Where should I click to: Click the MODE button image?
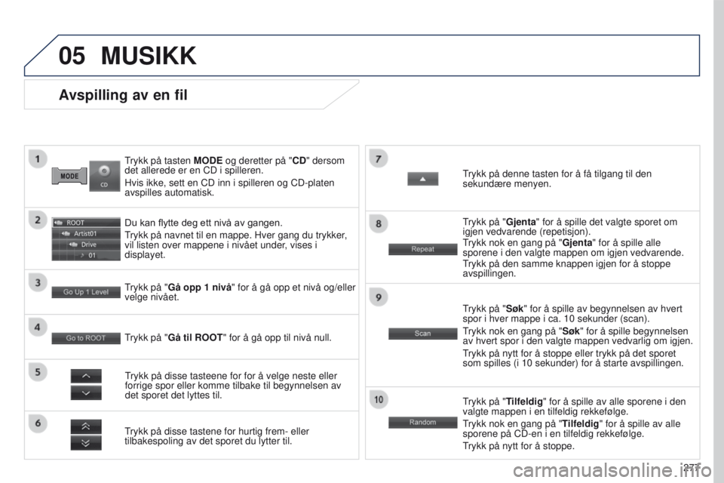[69, 176]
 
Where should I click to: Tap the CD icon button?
[104, 176]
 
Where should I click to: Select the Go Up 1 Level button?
[86, 291]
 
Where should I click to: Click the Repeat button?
[422, 249]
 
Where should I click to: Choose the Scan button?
[422, 334]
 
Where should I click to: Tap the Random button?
[422, 422]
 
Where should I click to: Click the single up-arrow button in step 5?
[86, 377]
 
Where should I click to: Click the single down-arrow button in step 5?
[86, 393]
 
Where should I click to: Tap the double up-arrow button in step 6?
[86, 426]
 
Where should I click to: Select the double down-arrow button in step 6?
[86, 443]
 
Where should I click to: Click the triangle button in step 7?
[422, 179]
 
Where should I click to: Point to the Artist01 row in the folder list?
[86, 234]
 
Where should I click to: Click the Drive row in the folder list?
[86, 245]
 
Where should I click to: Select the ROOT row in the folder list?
[86, 223]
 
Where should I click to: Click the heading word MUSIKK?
[149, 56]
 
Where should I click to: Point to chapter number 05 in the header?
[72, 56]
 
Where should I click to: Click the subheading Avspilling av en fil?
[123, 95]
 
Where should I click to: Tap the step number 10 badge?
[379, 399]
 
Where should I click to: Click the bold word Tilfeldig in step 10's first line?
[525, 401]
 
